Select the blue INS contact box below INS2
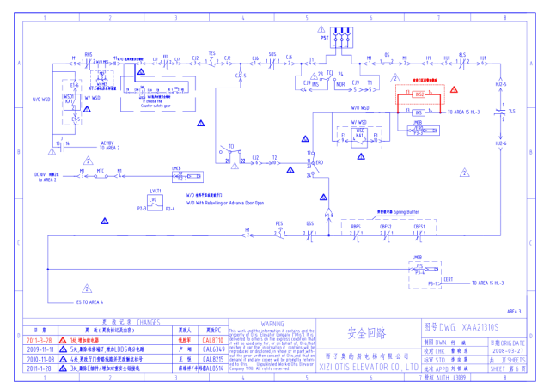[419, 111]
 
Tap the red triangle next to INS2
[455, 89]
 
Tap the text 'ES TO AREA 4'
[90, 301]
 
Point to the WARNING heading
[272, 324]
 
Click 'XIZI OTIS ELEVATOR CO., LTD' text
[369, 367]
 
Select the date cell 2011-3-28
[40, 341]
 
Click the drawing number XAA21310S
[467, 327]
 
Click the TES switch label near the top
[211, 52]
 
